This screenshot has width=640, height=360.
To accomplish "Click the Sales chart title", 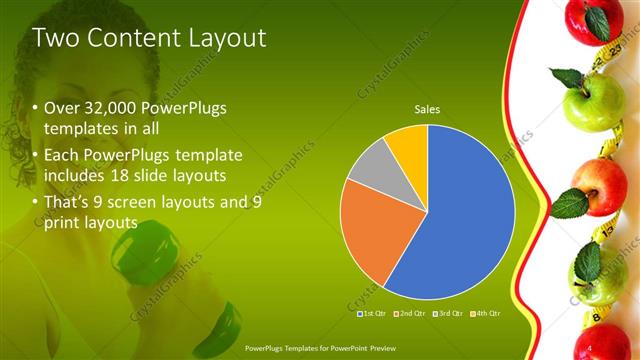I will coord(428,110).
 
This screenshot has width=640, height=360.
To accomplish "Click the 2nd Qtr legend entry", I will coord(410,313).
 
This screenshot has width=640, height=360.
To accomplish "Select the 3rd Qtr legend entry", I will coord(449,313).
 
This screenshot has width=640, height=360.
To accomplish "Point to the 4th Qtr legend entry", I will coord(486,313).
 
